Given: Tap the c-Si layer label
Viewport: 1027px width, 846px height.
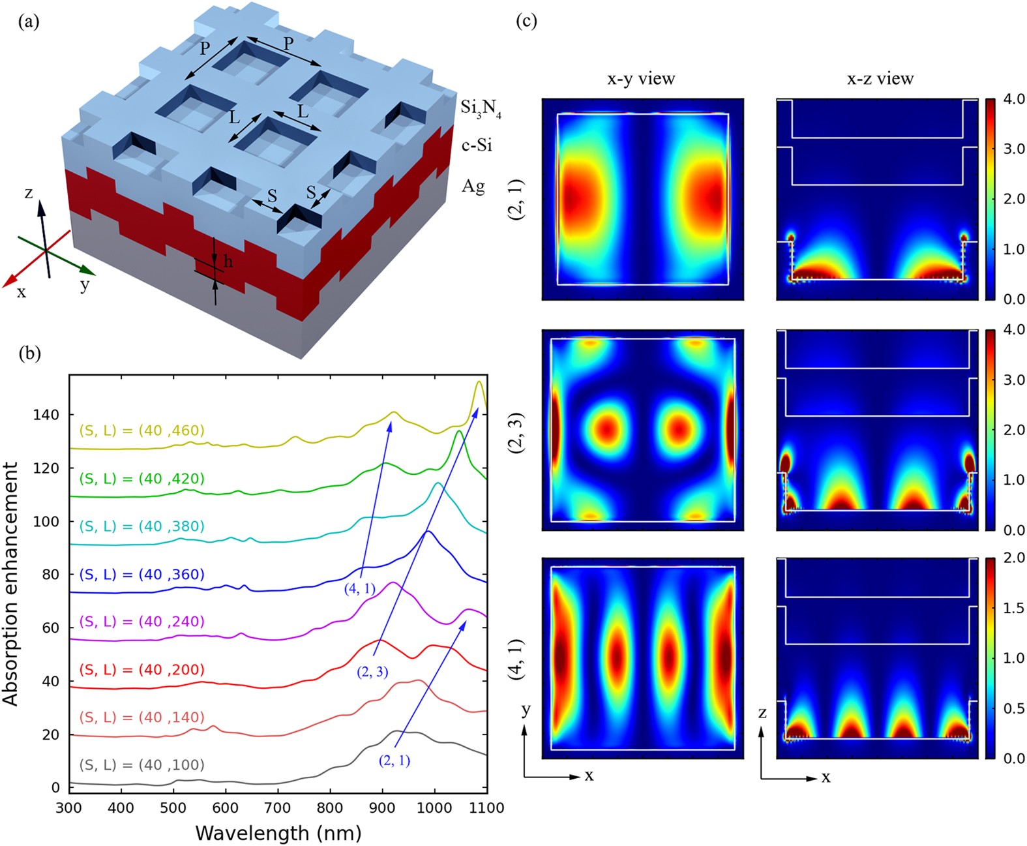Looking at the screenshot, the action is [477, 145].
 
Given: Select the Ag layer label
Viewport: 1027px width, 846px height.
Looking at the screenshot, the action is [473, 186].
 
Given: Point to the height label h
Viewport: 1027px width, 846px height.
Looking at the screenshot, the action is [228, 262].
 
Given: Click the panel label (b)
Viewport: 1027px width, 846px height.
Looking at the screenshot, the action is [29, 354].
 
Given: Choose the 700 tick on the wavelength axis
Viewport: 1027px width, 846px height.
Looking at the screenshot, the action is [278, 808].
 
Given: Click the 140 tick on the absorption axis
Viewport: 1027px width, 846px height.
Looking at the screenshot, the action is [46, 415].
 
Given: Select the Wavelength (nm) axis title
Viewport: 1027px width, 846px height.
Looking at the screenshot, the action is [278, 833].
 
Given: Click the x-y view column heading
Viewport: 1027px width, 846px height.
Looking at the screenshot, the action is [641, 78].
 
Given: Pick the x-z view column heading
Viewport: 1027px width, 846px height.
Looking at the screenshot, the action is [880, 78].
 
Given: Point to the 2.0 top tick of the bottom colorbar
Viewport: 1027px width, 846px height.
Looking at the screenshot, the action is [1014, 558].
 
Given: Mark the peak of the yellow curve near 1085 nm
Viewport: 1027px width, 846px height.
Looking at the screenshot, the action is [479, 382].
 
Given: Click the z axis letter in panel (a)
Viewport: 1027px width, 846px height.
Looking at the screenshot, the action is [29, 193].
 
